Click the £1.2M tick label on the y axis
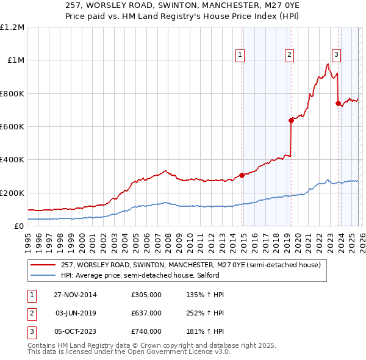[x=12, y=27]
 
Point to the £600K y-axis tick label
[x=12, y=127]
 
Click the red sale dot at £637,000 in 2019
[x=291, y=120]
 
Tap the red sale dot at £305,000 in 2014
[x=242, y=175]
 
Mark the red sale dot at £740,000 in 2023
[x=338, y=103]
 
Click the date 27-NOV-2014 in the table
[x=75, y=295]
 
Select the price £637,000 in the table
[x=146, y=313]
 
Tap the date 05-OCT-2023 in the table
[x=75, y=331]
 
